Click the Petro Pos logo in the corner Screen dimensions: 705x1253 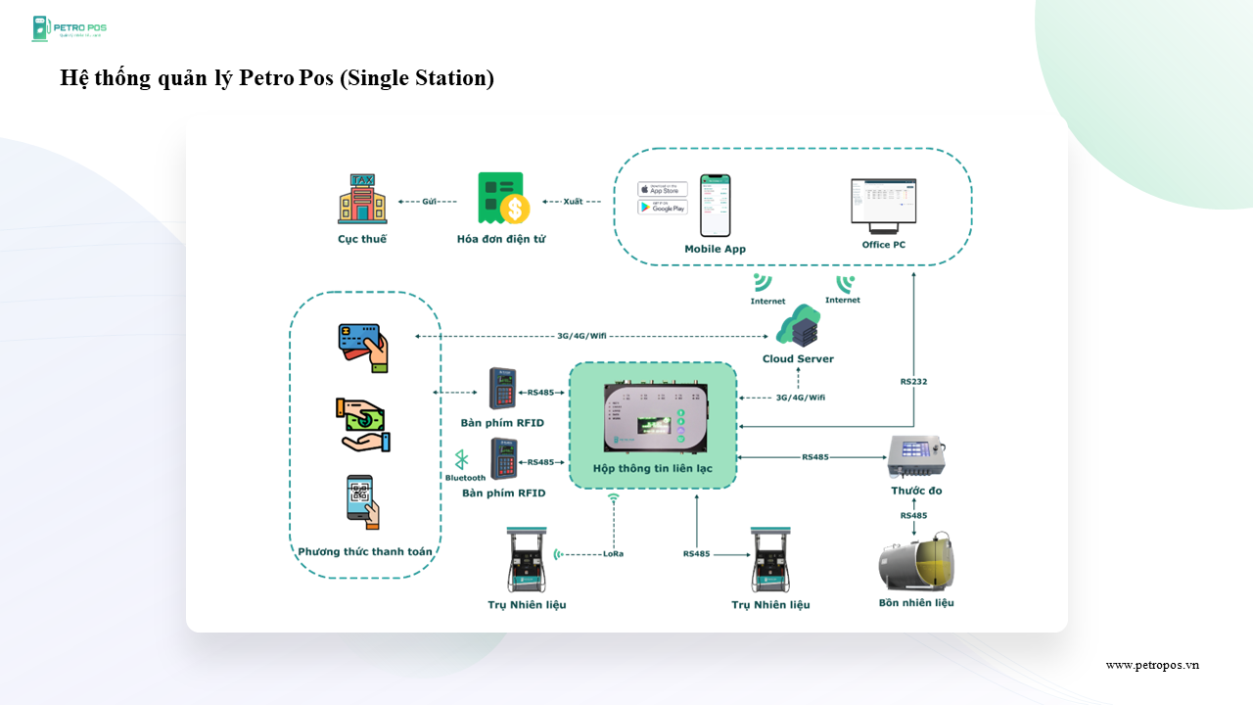69,28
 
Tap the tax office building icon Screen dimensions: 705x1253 362,200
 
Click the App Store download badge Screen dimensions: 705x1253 663,189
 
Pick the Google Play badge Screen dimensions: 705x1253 663,207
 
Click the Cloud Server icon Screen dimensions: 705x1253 798,326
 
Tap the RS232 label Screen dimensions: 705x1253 913,381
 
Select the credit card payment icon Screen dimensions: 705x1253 362,347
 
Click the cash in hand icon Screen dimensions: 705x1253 362,424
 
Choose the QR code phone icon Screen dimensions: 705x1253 362,501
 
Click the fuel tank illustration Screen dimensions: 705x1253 916,562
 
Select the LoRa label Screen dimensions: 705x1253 613,554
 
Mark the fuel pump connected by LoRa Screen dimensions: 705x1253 527,560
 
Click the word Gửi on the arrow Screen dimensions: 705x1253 429,201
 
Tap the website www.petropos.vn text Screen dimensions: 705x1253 1152,665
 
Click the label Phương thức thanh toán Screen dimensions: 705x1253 365,551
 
